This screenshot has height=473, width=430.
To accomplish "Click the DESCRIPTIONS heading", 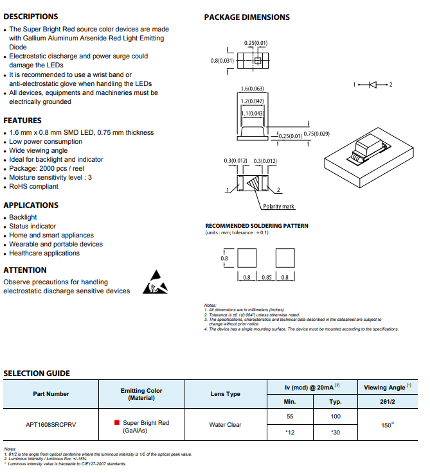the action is (30, 17).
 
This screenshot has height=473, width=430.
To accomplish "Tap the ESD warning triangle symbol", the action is (156, 282).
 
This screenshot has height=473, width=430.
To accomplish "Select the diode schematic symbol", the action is (373, 85).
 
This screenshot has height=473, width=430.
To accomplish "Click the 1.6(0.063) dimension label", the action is (252, 89).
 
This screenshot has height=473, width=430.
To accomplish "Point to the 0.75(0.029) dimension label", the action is (316, 133).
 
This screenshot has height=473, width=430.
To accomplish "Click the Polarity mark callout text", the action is (278, 206).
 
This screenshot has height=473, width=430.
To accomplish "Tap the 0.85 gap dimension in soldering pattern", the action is (267, 277).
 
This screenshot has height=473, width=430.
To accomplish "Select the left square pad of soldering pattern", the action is (247, 258).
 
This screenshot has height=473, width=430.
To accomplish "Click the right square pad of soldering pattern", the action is (285, 258).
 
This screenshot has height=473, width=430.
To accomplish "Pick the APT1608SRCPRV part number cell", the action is (51, 425).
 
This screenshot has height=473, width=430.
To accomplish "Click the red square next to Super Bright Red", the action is (117, 422).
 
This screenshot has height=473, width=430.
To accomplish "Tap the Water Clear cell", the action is (225, 425).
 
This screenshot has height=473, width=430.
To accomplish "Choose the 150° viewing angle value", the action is (388, 425).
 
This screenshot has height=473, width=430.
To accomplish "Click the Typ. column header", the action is (336, 402).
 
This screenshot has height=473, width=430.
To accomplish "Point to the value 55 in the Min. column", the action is (290, 417).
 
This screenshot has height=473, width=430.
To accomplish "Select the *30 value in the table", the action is (336, 433).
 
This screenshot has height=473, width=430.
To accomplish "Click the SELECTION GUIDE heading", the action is (37, 374).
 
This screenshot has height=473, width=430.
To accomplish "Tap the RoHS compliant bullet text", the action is (33, 186).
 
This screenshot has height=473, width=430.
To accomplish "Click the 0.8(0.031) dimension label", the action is (222, 60).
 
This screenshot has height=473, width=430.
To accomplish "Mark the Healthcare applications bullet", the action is (44, 253).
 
